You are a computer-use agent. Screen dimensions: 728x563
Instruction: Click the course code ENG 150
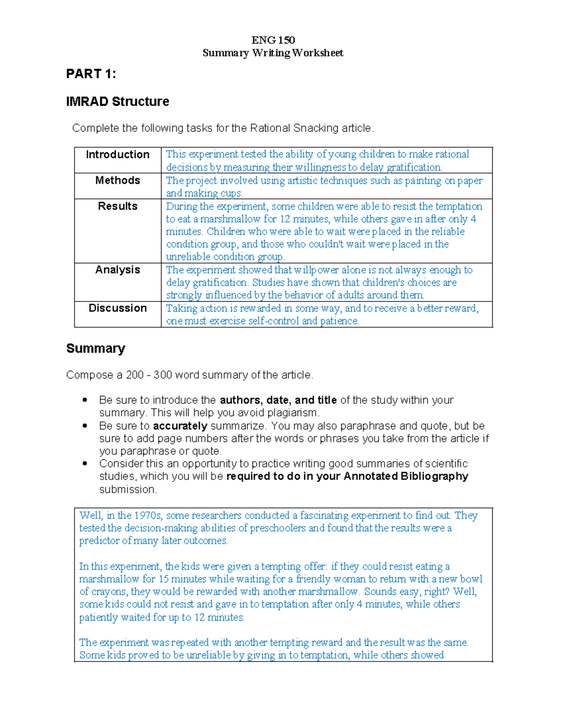[x=273, y=40]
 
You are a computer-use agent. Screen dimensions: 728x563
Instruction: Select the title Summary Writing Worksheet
[x=273, y=53]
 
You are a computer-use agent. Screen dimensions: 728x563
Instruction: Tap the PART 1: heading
[x=91, y=74]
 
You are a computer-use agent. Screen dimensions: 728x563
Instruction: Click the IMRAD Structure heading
[x=118, y=102]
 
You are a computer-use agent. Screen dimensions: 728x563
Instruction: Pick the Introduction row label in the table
[x=118, y=155]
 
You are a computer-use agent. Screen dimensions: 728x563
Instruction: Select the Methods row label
[x=118, y=180]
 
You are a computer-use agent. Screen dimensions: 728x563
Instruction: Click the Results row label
[x=118, y=206]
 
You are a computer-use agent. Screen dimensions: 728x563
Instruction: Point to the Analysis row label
[x=118, y=270]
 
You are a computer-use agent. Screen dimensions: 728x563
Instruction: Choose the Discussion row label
[x=118, y=308]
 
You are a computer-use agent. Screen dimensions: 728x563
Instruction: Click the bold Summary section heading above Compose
[x=96, y=348]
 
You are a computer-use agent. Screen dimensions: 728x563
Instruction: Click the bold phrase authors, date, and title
[x=278, y=400]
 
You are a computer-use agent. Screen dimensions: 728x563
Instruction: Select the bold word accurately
[x=180, y=426]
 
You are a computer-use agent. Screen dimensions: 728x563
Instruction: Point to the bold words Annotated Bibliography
[x=406, y=476]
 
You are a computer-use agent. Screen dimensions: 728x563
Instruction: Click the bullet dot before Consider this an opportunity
[x=85, y=464]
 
